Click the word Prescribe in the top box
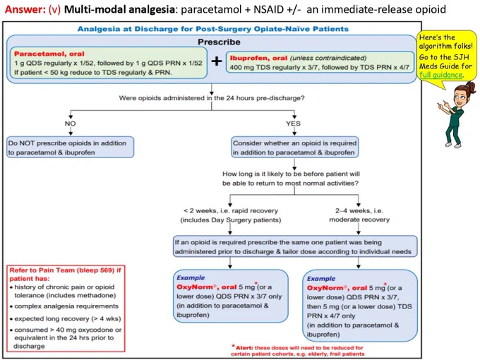click(219, 42)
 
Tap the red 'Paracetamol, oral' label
click(49, 54)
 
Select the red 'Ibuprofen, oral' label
click(258, 58)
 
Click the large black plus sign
click(217, 61)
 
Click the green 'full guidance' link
click(441, 75)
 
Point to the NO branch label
click(71, 124)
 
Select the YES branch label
click(293, 124)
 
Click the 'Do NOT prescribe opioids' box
click(71, 148)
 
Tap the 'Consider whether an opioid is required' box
click(295, 148)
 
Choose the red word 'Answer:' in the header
click(25, 9)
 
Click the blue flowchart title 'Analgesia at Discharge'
click(212, 29)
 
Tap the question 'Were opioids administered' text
click(212, 98)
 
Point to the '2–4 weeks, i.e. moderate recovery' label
click(359, 215)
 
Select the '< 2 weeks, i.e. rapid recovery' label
click(231, 215)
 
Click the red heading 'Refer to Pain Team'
click(65, 275)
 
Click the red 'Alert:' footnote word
click(244, 348)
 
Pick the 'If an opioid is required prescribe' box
click(295, 246)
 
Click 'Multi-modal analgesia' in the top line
click(119, 9)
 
